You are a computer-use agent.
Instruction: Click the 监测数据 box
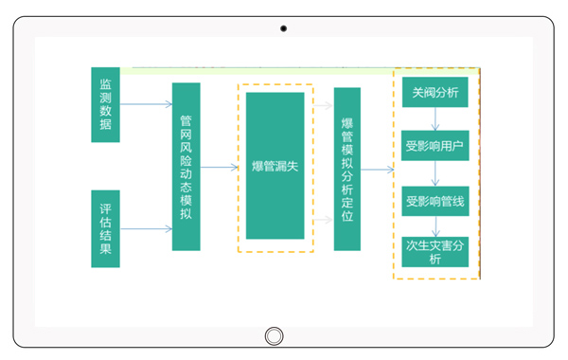pyautogui.click(x=105, y=104)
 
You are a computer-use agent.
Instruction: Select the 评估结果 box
pyautogui.click(x=105, y=228)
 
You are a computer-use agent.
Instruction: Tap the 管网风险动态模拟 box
pyautogui.click(x=186, y=167)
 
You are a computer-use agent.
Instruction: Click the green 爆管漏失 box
pyautogui.click(x=275, y=166)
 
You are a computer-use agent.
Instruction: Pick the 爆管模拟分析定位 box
pyautogui.click(x=347, y=169)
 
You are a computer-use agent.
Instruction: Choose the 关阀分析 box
pyautogui.click(x=435, y=93)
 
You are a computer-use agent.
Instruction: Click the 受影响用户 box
pyautogui.click(x=435, y=146)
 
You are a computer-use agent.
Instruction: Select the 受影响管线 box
pyautogui.click(x=435, y=201)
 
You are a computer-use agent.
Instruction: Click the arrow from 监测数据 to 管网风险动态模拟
pyautogui.click(x=146, y=103)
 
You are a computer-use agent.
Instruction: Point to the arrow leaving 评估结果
pyautogui.click(x=146, y=228)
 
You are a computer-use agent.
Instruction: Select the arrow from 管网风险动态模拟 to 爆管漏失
pyautogui.click(x=219, y=168)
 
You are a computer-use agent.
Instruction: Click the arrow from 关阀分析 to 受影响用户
pyautogui.click(x=435, y=119)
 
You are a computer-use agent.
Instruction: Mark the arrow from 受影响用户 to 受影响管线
pyautogui.click(x=435, y=173)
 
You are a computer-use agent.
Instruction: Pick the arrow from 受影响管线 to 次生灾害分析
pyautogui.click(x=435, y=227)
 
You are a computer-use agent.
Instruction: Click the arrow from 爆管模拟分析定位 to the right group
pyautogui.click(x=377, y=170)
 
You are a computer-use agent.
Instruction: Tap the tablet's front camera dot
pyautogui.click(x=283, y=28)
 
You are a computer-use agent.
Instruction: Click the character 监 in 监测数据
pyautogui.click(x=105, y=83)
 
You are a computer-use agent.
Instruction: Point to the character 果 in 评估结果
pyautogui.click(x=105, y=249)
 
